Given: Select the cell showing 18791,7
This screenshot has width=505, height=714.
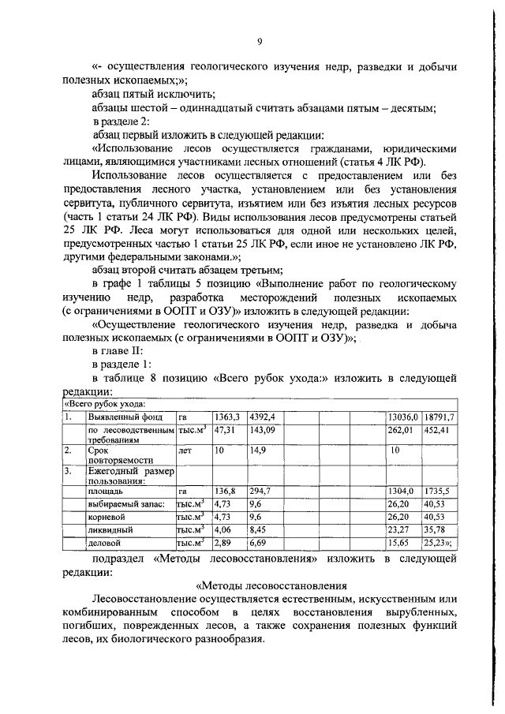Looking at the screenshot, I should tap(439, 417).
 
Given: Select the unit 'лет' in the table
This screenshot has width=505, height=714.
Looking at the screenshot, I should tap(185, 450).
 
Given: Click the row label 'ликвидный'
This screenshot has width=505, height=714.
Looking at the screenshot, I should tap(110, 530).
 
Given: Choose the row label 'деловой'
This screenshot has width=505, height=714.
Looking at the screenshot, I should tap(104, 544).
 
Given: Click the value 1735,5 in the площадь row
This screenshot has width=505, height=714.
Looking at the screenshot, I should tap(436, 490).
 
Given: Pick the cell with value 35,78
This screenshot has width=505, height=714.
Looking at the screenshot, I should tap(434, 530).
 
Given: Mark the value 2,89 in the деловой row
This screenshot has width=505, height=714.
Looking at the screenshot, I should tap(224, 544).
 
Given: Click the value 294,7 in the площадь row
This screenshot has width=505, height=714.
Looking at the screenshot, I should tap(260, 490).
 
